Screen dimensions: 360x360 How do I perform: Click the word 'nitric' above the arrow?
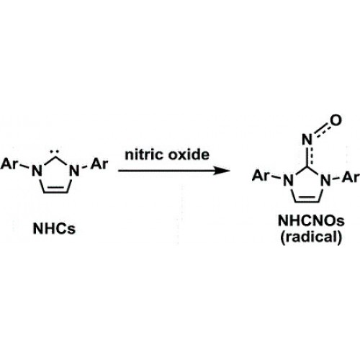pyautogui.click(x=144, y=155)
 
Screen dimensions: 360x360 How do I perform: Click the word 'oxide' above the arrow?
pyautogui.click(x=189, y=155)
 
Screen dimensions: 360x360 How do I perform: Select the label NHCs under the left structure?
pyautogui.click(x=54, y=228)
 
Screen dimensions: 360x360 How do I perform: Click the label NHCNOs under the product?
pyautogui.click(x=311, y=220)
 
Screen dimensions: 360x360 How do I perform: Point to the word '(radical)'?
pyautogui.click(x=311, y=237)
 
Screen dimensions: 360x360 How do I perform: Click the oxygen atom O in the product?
pyautogui.click(x=336, y=120)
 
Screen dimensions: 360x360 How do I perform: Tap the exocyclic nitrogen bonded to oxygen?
pyautogui.click(x=307, y=140)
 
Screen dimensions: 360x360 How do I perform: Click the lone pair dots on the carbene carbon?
pyautogui.click(x=55, y=152)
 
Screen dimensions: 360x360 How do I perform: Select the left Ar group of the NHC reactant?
pyautogui.click(x=9, y=164)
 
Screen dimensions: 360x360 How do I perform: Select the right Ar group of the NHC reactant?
pyautogui.click(x=99, y=164)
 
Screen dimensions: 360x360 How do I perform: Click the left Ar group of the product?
pyautogui.click(x=261, y=176)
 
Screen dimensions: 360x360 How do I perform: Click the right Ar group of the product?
pyautogui.click(x=351, y=177)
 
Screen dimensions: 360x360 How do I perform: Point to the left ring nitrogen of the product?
pyautogui.click(x=288, y=181)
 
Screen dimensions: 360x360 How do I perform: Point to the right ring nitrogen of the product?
pyautogui.click(x=326, y=181)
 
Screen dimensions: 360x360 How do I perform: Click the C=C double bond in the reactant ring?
pyautogui.click(x=55, y=190)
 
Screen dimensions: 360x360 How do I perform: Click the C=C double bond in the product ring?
pyautogui.click(x=307, y=200)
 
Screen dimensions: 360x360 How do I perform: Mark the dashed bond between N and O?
pyautogui.click(x=322, y=130)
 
